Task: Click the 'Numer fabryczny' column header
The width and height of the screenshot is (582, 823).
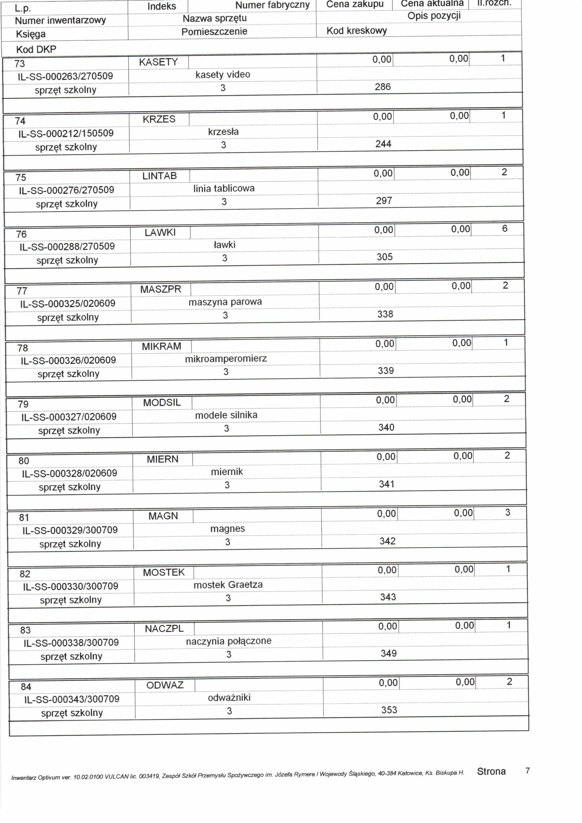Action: tap(272, 5)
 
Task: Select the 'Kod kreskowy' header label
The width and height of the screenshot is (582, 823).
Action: tap(356, 31)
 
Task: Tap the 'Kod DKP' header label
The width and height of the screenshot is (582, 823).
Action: tap(36, 49)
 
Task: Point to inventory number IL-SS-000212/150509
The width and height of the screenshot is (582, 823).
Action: tap(66, 133)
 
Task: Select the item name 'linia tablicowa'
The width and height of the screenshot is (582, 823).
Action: tap(224, 189)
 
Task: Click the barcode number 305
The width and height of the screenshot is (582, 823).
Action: tap(384, 257)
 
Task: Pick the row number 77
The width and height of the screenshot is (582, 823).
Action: tap(22, 291)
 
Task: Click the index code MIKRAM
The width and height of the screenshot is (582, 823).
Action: tap(161, 347)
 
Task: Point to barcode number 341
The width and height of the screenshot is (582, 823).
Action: tap(387, 484)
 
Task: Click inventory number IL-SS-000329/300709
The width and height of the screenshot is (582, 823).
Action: tap(70, 530)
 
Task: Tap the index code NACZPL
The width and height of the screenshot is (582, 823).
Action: tap(164, 629)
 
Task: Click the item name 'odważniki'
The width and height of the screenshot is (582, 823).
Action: tap(229, 698)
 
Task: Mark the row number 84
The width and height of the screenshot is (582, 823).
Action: tap(26, 687)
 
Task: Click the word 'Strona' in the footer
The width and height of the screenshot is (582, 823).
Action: tap(491, 771)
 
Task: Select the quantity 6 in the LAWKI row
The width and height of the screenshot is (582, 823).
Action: tap(505, 229)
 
